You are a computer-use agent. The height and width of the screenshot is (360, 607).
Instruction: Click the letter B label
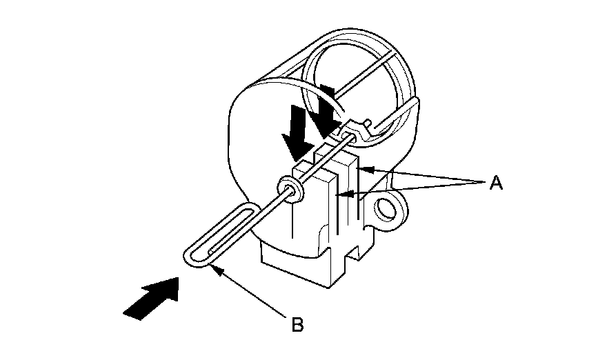coord(297,323)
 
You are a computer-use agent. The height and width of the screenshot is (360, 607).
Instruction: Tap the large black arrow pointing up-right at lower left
coord(152,297)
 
